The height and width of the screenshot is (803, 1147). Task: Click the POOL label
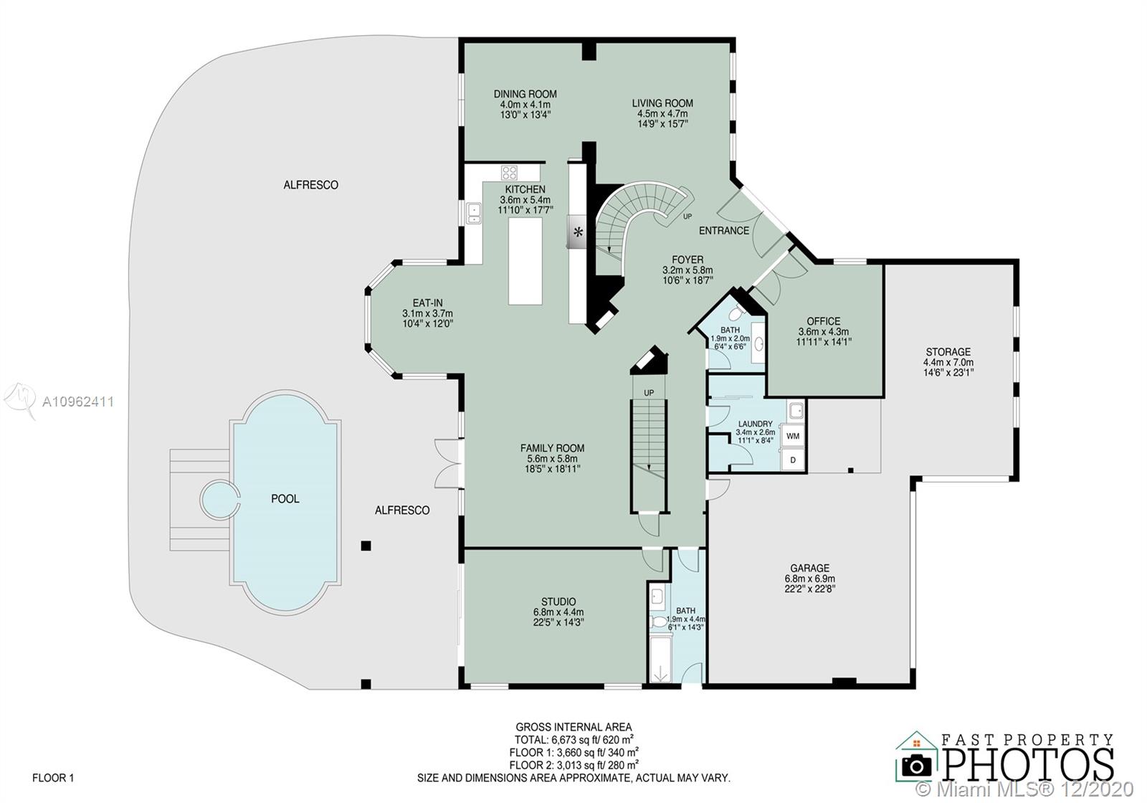click(x=285, y=499)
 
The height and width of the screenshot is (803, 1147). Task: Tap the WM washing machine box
click(x=793, y=437)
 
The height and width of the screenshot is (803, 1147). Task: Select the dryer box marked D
click(x=793, y=460)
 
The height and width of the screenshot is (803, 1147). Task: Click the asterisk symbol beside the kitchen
click(x=578, y=233)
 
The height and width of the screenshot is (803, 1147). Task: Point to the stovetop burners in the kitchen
click(x=509, y=173)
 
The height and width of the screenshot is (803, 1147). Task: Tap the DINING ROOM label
click(x=525, y=94)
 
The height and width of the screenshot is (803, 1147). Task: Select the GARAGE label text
click(x=809, y=568)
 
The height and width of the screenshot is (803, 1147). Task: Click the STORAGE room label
click(x=948, y=352)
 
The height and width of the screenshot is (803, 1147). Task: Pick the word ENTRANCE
click(x=724, y=231)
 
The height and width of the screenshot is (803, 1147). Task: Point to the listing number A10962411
click(x=78, y=402)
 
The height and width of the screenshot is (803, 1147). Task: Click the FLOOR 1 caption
click(x=53, y=778)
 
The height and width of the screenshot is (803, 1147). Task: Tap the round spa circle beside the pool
click(x=219, y=500)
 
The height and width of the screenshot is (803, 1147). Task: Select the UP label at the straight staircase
click(x=649, y=393)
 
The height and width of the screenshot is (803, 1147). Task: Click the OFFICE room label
click(x=824, y=321)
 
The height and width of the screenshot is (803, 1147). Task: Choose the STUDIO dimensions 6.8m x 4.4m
click(x=558, y=612)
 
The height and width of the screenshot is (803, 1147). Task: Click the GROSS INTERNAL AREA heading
click(x=573, y=727)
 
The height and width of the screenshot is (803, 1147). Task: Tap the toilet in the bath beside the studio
click(x=659, y=622)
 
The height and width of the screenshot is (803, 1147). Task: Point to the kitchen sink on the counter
click(x=474, y=213)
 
